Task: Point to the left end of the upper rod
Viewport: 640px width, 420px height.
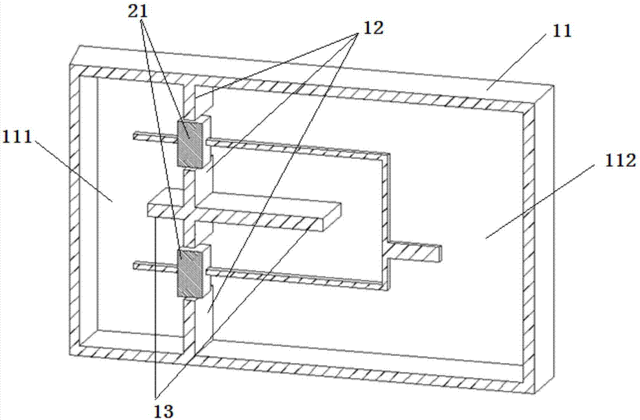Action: (136, 135)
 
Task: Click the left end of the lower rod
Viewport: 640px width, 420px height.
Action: (136, 264)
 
